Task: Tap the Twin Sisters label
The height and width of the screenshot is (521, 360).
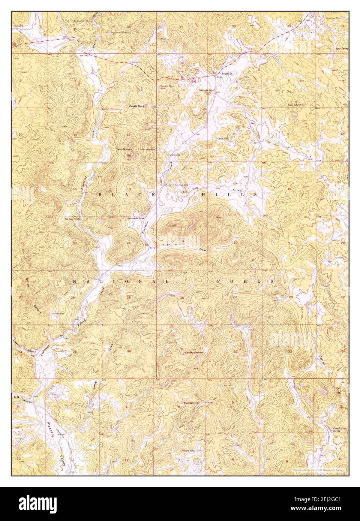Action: point(123,149)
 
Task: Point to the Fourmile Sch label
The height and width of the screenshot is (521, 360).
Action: point(206,90)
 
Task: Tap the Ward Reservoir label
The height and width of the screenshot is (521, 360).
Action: point(190,403)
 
